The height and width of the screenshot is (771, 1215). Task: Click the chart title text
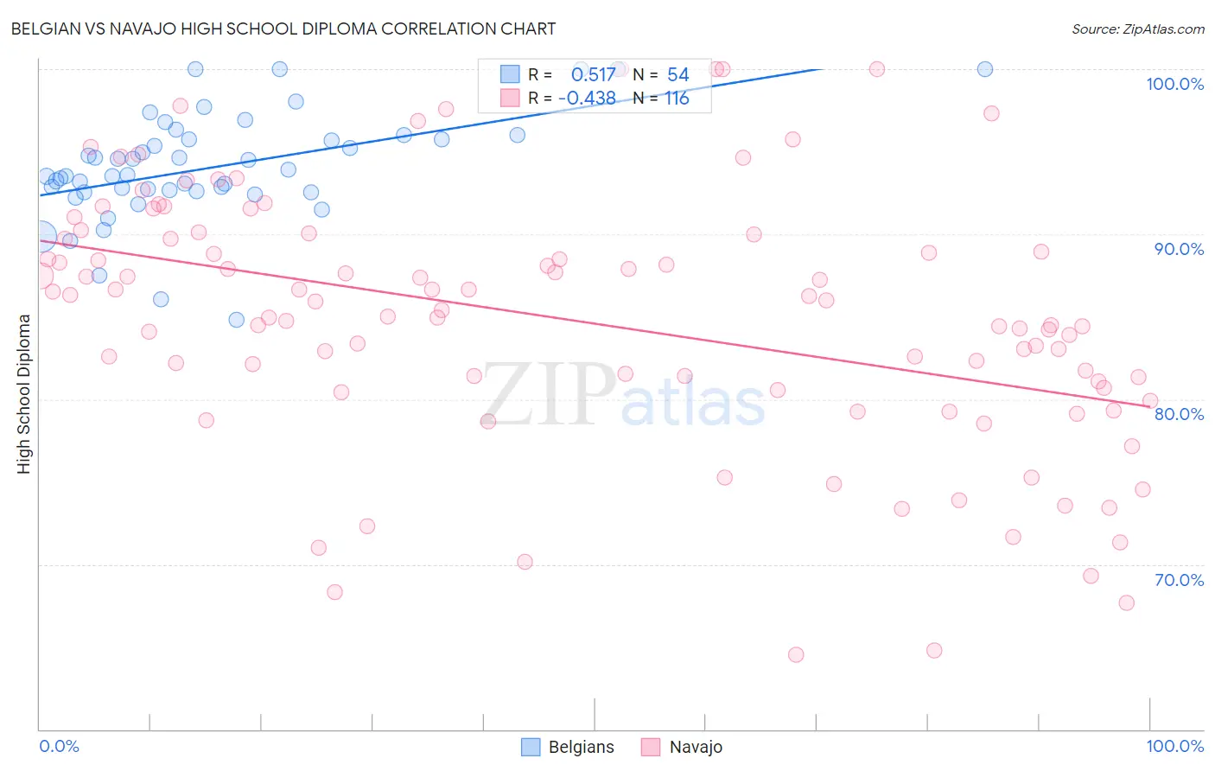point(283,29)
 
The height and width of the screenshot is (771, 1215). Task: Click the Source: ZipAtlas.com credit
point(1137,29)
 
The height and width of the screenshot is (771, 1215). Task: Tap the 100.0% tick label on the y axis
point(1174,84)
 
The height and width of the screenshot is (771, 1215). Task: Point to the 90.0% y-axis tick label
point(1179,249)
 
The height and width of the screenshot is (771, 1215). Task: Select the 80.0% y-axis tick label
point(1179,414)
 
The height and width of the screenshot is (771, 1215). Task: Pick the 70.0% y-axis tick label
point(1179,580)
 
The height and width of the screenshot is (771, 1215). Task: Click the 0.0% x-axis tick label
point(60,746)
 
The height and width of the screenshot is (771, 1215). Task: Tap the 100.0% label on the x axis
point(1174,746)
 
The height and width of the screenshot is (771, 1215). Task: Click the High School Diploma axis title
point(24,393)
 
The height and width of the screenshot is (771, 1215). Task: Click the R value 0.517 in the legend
point(593,75)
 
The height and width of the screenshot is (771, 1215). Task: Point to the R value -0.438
point(587,99)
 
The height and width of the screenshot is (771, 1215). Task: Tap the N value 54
point(677,75)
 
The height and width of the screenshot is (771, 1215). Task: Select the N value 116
point(677,99)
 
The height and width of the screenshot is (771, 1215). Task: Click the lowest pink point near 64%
point(796,654)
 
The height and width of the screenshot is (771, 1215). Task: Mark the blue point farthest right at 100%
point(984,69)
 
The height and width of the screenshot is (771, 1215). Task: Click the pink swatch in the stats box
point(510,99)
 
